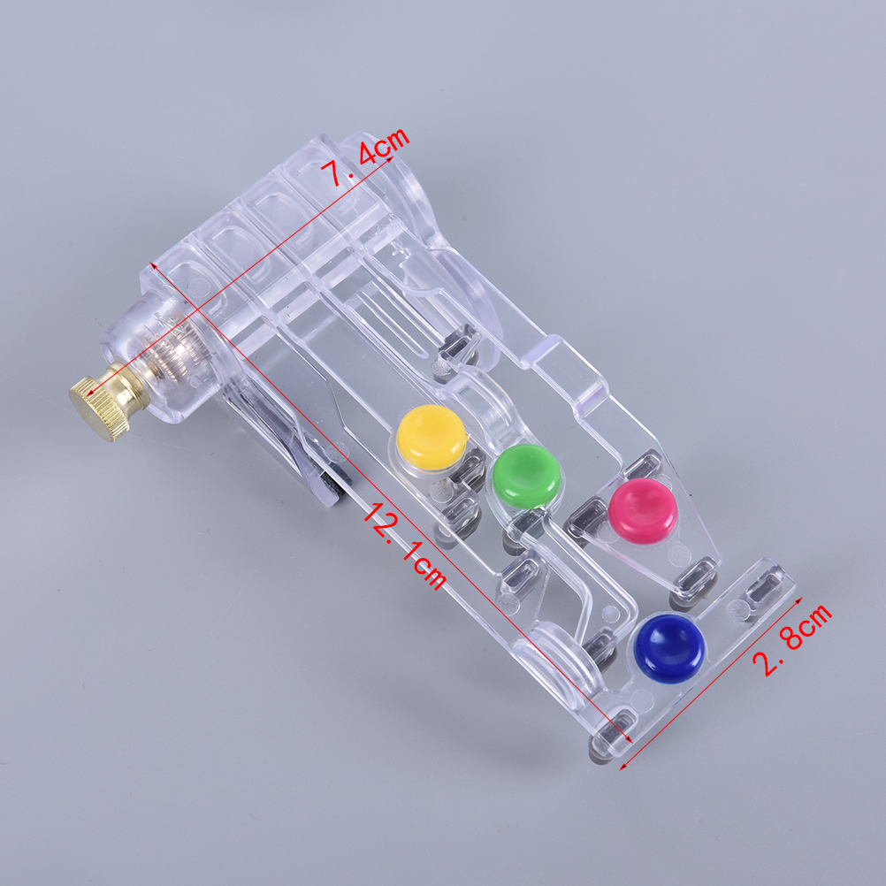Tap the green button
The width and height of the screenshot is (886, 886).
[x=526, y=476]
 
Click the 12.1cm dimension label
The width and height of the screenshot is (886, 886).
[x=405, y=546]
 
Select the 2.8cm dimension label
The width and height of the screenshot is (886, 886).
[x=792, y=639]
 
